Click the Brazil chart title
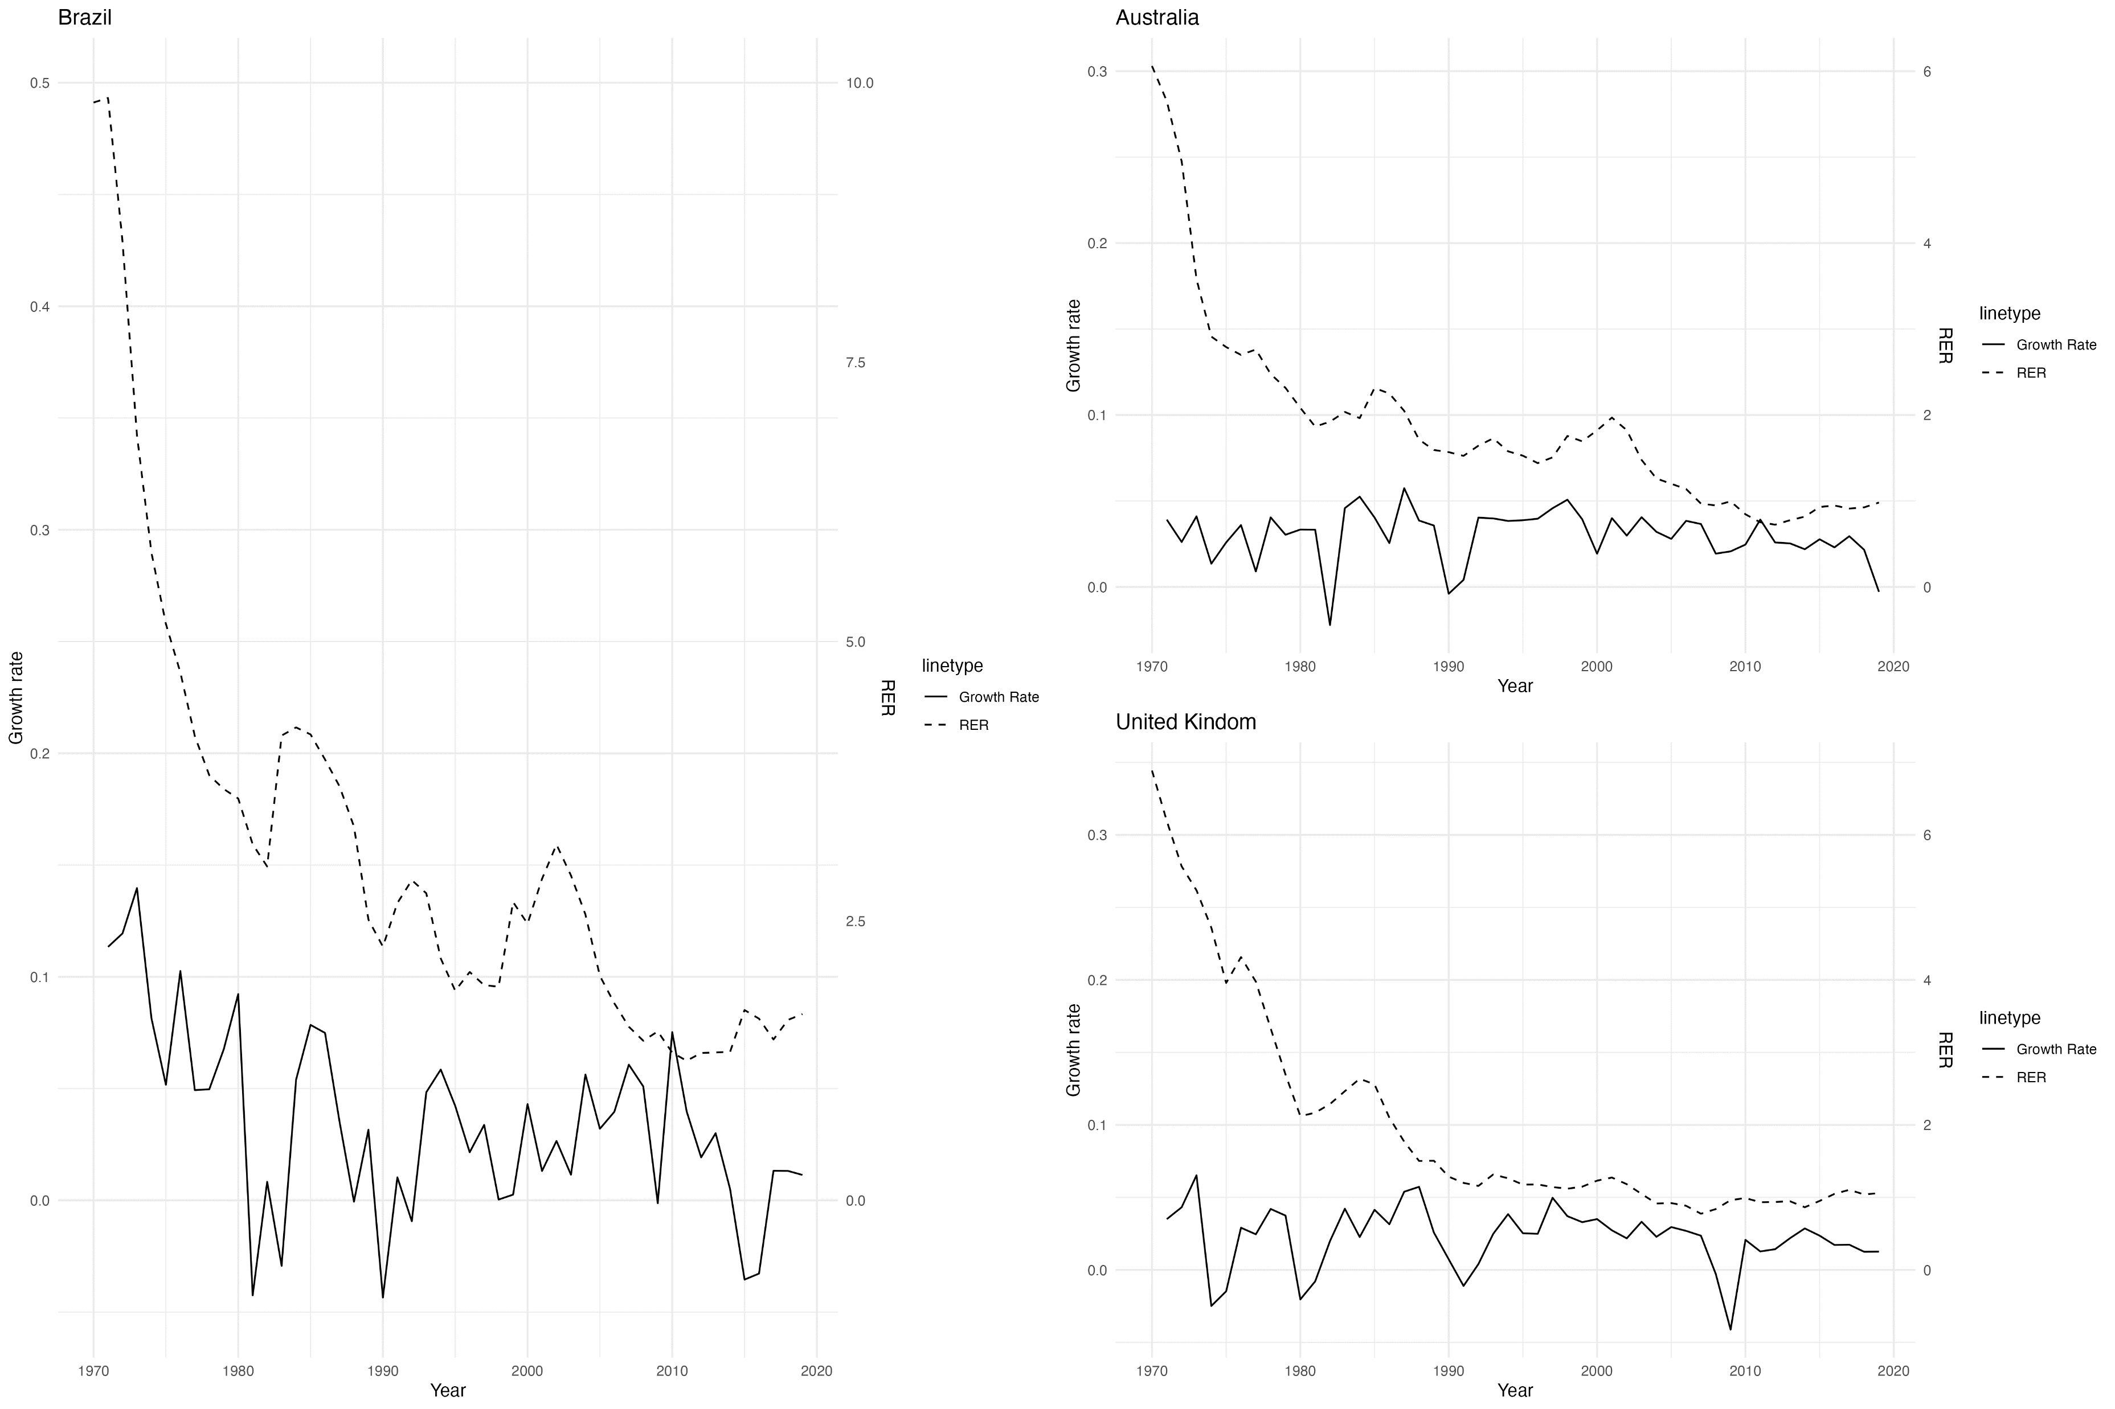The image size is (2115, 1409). coord(84,17)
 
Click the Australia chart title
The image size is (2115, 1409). coord(1157,17)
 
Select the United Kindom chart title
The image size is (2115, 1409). coord(1185,721)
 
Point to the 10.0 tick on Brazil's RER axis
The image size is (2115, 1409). coord(860,83)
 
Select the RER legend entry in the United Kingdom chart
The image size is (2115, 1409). coord(2031,1078)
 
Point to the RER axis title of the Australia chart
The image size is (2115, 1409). coord(1944,346)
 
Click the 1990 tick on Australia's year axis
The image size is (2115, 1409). coord(1448,667)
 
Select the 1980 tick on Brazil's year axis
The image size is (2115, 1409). coord(238,1371)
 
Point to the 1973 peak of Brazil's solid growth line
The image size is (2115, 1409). coord(137,888)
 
